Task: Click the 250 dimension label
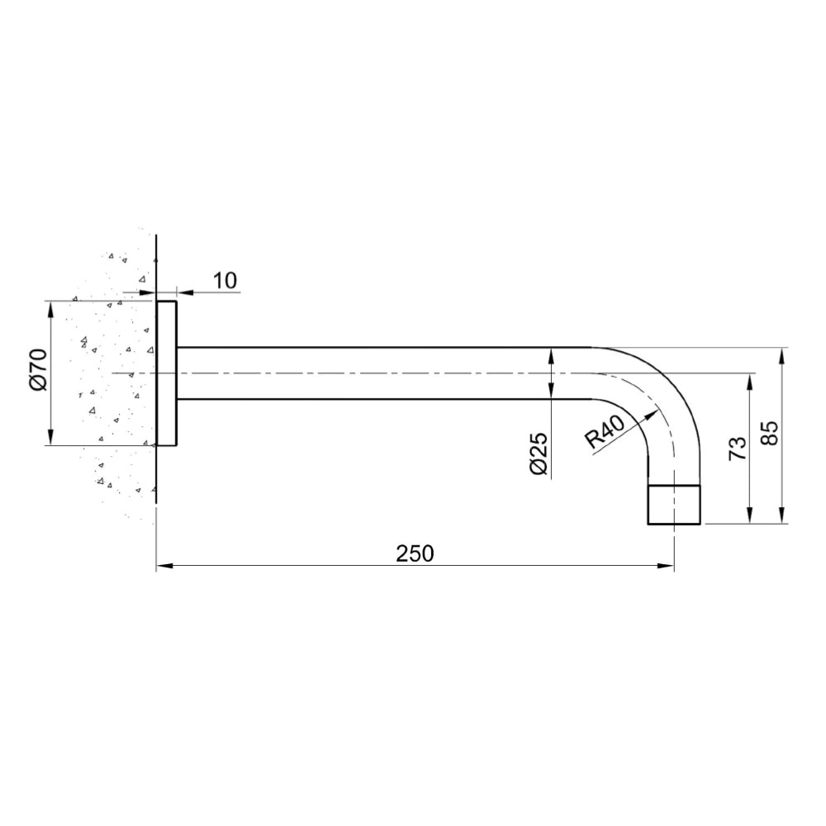click(415, 553)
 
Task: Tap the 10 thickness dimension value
click(224, 281)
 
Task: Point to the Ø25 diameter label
click(538, 455)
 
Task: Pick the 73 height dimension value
click(737, 447)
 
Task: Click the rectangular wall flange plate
click(167, 373)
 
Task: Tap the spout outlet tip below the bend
click(673, 505)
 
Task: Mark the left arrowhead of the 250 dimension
click(164, 566)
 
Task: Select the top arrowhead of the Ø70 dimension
click(51, 308)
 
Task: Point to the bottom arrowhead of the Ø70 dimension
click(51, 439)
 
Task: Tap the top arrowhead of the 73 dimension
click(749, 380)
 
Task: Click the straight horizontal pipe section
click(380, 373)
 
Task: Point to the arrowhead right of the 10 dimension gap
click(183, 292)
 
